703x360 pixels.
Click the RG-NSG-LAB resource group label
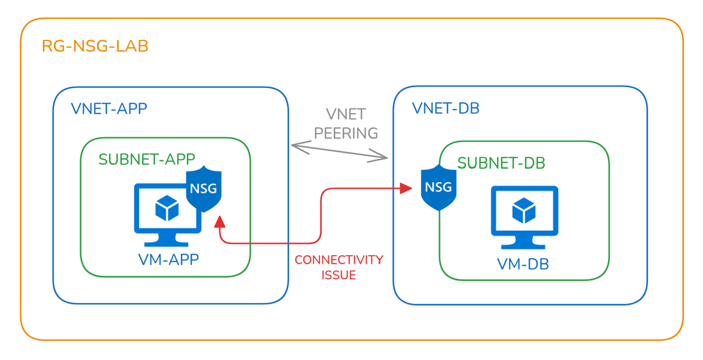coord(95,47)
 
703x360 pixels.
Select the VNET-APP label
coord(109,109)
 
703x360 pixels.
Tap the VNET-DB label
coord(446,109)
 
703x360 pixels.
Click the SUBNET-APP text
coord(147,159)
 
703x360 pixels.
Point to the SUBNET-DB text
coord(501,163)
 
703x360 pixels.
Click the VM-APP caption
coord(169,259)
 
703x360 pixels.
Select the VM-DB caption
coord(523,264)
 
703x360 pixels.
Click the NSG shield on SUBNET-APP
coord(204,189)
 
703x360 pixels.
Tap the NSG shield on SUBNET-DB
coord(438,188)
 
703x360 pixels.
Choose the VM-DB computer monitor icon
coord(524,214)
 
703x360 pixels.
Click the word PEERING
coord(346,133)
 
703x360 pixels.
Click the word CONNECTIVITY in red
coord(339,260)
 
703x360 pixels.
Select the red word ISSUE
coord(339,275)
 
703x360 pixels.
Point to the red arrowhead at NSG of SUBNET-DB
coord(406,188)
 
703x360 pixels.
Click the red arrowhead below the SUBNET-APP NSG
coord(219,221)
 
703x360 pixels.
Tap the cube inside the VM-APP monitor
coord(167,206)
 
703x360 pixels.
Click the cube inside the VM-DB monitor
coord(524,210)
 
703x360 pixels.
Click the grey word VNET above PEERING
coord(346,115)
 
